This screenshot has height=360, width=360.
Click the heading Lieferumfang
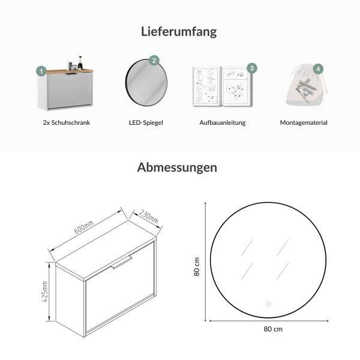(x=179, y=32)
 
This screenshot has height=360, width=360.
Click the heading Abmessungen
(x=177, y=167)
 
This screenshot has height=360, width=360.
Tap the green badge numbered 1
(x=41, y=71)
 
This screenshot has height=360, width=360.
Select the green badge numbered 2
(x=154, y=61)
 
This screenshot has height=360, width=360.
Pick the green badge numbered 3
(x=252, y=68)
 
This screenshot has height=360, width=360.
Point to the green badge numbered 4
(x=318, y=69)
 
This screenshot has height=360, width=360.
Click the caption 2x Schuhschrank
(x=67, y=122)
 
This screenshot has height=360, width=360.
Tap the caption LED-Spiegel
(x=146, y=122)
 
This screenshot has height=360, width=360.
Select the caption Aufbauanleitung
(x=223, y=122)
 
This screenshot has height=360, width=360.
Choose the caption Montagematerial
(x=304, y=122)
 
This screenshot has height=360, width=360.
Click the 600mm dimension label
(x=84, y=227)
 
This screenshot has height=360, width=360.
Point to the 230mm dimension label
(x=149, y=217)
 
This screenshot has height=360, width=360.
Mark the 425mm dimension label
(x=45, y=292)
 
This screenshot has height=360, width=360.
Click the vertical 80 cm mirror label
(x=197, y=266)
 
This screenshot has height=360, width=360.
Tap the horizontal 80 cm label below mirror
(x=273, y=329)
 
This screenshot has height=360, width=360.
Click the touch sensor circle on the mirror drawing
(x=268, y=304)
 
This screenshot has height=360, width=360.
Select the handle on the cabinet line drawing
(x=121, y=262)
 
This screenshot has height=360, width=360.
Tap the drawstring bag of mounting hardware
(x=306, y=86)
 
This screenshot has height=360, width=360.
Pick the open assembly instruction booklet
(x=222, y=86)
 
